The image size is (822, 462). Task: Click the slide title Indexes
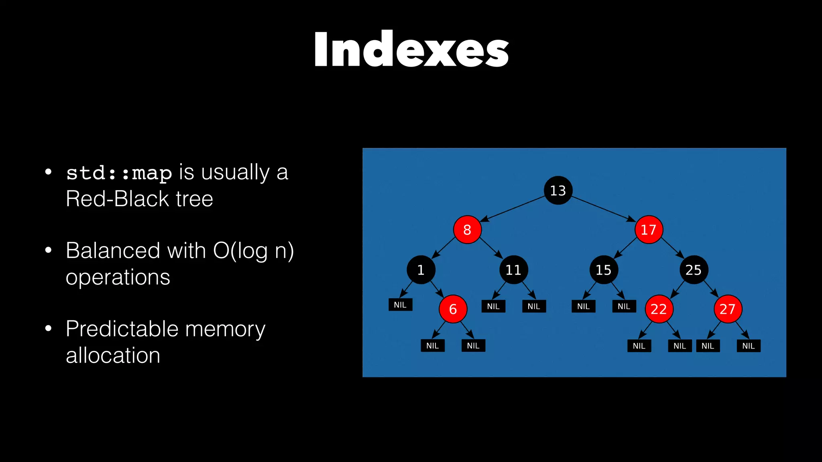411,49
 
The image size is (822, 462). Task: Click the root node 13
558,190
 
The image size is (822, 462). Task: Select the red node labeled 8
467,230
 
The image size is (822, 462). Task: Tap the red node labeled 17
649,230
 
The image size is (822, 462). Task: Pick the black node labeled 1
421,270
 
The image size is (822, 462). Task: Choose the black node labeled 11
513,270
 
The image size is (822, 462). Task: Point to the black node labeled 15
603,270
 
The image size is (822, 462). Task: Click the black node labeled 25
693,270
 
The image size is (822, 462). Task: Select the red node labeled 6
453,309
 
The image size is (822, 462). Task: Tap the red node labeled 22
659,309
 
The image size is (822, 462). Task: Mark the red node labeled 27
728,309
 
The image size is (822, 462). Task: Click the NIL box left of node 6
400,305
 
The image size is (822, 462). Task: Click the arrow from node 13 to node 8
514,208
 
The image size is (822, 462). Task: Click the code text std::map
119,173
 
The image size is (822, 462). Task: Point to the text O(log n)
253,251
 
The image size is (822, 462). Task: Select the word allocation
113,355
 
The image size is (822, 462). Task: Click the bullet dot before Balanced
49,250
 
